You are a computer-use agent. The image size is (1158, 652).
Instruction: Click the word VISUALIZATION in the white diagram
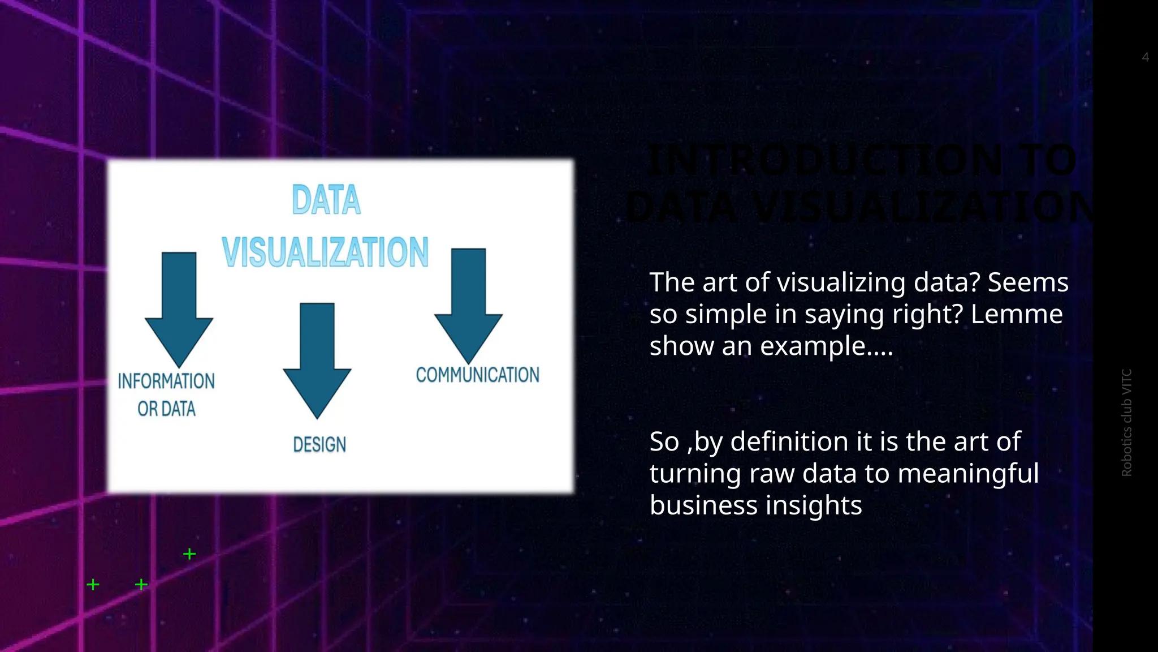[x=325, y=252]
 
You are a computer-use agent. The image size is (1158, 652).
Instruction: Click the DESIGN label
[x=319, y=445]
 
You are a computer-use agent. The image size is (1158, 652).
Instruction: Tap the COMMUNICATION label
[x=478, y=375]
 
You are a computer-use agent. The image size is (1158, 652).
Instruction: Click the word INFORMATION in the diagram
[x=166, y=381]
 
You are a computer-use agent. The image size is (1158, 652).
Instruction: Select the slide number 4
[x=1145, y=57]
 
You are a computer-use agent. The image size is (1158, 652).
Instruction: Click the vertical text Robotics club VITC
[x=1126, y=422]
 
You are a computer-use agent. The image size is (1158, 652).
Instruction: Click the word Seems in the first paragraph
[x=1028, y=282]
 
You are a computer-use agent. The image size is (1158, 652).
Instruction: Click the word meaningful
[x=968, y=474]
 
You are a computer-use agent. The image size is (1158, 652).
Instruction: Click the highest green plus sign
[x=189, y=554]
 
